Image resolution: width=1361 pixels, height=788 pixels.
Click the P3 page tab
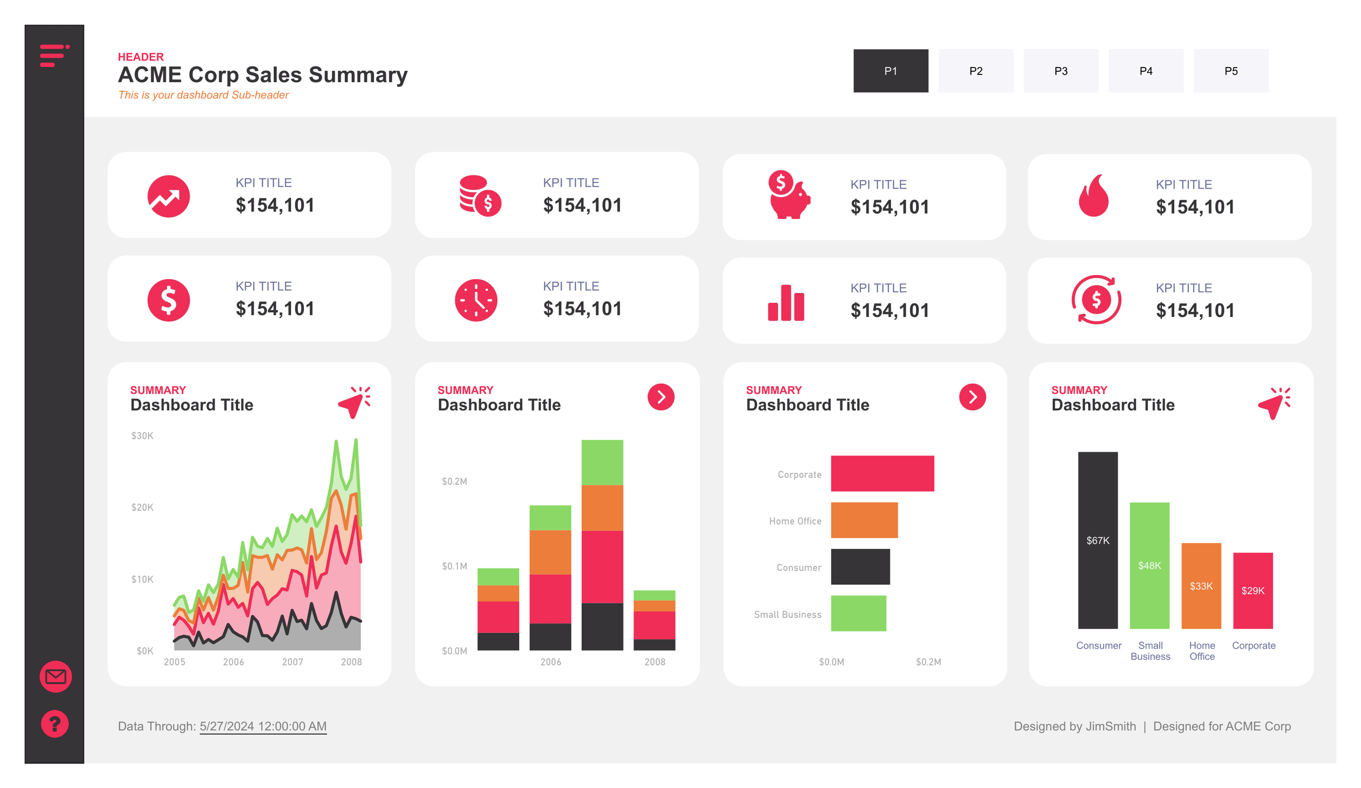tap(1060, 71)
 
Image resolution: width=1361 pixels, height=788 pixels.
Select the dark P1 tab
tap(890, 71)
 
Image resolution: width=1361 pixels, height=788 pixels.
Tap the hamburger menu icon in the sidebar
tap(54, 56)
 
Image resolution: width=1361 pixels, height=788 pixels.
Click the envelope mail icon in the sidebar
tap(55, 676)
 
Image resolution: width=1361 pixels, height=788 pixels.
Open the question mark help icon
tap(54, 723)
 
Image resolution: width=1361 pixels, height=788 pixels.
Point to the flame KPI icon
tap(1093, 195)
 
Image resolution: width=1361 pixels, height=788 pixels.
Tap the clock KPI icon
tap(475, 300)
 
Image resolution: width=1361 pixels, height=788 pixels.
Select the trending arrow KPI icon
tap(169, 196)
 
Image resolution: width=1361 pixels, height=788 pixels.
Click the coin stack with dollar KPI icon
tap(479, 195)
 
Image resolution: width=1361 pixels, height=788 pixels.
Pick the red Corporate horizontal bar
tap(882, 474)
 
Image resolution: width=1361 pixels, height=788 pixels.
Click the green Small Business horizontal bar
tap(858, 613)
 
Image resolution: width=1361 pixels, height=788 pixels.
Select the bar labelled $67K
tap(1098, 540)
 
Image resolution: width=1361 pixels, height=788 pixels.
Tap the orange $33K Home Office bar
tap(1201, 586)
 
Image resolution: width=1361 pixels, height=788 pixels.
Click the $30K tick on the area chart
tap(142, 435)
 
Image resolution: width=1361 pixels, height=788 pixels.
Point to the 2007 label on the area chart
tap(292, 662)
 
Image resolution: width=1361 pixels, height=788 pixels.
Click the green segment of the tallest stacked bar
tap(601, 462)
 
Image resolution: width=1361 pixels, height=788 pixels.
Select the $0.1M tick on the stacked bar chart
tap(454, 566)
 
